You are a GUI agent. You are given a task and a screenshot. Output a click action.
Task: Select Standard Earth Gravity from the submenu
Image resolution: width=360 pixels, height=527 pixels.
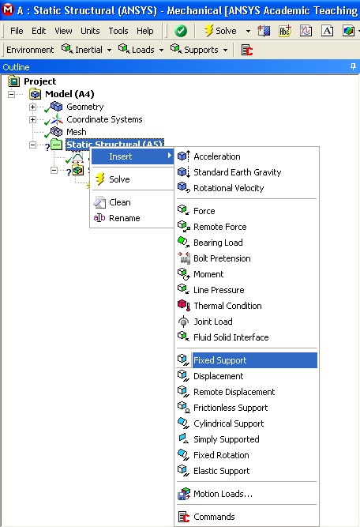237,172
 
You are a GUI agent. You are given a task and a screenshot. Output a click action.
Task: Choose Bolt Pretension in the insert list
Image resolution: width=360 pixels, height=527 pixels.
222,258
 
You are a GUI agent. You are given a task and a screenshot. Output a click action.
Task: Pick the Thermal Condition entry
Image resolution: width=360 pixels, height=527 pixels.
227,306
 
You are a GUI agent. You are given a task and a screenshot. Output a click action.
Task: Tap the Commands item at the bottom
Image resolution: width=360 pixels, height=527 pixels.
214,517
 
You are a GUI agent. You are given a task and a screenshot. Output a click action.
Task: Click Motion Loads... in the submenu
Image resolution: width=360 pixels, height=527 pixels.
223,494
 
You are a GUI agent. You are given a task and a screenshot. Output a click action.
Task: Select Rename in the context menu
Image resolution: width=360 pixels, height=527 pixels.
124,218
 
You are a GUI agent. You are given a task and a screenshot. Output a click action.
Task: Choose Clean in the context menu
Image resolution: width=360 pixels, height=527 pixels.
119,202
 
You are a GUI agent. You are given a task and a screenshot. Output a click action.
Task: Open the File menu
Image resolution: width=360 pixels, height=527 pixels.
17,31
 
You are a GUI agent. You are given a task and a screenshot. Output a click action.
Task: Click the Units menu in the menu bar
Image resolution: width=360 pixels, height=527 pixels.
90,31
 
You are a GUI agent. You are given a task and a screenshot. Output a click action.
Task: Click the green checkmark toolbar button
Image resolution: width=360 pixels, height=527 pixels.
181,31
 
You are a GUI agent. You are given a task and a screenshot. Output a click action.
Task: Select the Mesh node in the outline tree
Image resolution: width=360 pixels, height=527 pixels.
77,132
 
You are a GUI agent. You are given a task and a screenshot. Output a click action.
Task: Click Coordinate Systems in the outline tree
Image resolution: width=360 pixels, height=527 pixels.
104,119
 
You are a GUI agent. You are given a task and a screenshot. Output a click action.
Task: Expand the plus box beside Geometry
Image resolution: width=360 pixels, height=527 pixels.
32,107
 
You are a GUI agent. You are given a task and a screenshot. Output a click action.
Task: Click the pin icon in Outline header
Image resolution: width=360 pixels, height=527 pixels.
353,67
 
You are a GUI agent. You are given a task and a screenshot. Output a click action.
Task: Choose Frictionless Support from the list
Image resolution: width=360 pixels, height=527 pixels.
231,408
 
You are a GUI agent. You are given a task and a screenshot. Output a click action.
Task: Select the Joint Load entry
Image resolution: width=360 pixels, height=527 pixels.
213,322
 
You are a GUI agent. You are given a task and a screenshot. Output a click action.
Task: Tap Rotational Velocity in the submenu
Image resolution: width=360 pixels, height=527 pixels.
228,188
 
